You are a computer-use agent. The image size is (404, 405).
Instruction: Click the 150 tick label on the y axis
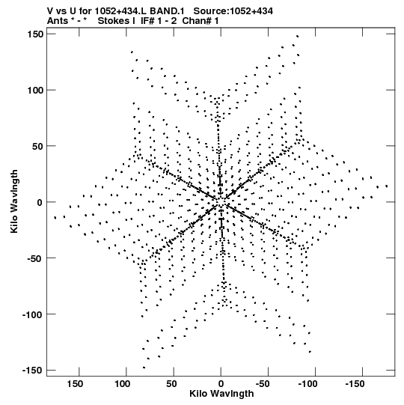35,34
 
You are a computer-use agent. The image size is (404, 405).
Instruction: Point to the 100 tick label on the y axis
35,90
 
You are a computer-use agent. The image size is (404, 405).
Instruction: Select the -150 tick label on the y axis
32,370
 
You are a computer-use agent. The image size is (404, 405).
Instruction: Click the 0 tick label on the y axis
40,202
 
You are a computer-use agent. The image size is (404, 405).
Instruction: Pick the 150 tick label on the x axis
75,384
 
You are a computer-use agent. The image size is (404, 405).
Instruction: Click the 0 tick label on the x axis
221,384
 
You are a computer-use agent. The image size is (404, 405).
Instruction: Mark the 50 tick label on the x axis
171,384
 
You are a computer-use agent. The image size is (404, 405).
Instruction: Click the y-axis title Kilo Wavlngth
14,201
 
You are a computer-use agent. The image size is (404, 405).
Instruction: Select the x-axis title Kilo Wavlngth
221,394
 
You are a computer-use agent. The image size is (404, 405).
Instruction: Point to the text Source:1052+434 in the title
233,11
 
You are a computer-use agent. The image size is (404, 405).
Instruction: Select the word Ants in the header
58,21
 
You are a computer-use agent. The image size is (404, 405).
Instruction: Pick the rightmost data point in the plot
387,186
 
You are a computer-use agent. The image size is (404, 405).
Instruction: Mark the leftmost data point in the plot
55,218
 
